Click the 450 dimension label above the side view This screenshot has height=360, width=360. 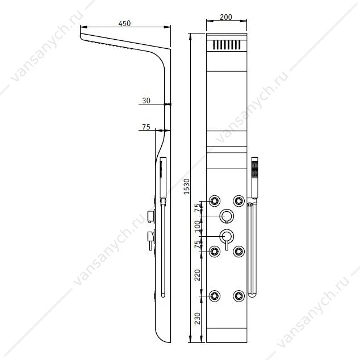click(x=124, y=23)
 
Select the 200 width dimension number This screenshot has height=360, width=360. click(x=226, y=17)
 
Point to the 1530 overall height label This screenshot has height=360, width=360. click(x=187, y=186)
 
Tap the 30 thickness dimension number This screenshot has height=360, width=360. click(x=146, y=101)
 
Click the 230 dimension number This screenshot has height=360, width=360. click(x=198, y=318)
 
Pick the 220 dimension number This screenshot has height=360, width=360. click(x=198, y=275)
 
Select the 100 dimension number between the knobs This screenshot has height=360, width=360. click(x=198, y=226)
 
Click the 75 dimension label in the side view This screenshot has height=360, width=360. click(x=146, y=127)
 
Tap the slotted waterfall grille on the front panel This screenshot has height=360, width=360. click(x=227, y=45)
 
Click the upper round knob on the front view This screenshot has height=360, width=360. click(x=227, y=216)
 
